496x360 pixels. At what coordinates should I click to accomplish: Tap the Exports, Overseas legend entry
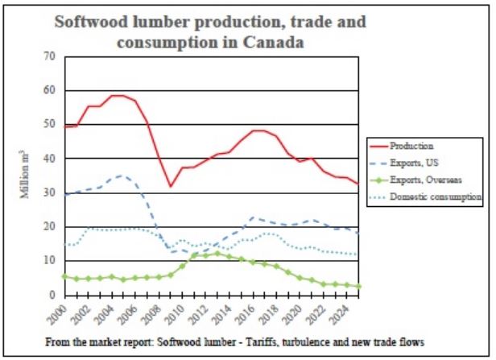pyautogui.click(x=419, y=180)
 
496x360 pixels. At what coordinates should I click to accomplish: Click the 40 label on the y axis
pyautogui.click(x=51, y=159)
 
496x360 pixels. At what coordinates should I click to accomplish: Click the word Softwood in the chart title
pyautogui.click(x=93, y=22)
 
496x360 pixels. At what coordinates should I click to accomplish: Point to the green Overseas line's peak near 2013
pyautogui.click(x=217, y=253)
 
